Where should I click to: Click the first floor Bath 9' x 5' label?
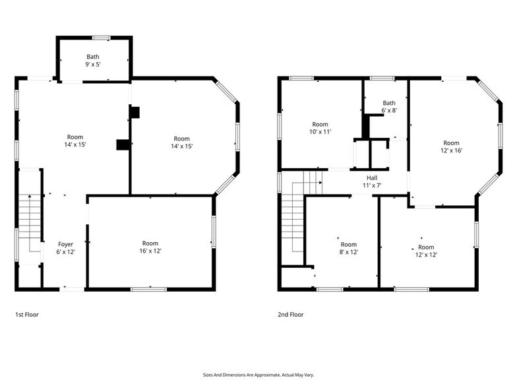point(93,61)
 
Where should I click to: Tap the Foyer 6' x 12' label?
point(66,248)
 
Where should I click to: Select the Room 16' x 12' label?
point(150,247)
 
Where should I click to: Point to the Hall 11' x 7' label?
point(372,181)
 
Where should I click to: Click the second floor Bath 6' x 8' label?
point(389,107)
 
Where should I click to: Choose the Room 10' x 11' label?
point(320,128)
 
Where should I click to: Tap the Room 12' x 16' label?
point(451,146)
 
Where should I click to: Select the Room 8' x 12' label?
point(348,248)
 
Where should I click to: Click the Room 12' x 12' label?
point(427,251)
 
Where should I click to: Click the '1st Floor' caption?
point(27,315)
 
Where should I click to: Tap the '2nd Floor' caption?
point(290,315)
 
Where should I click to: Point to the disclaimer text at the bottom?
point(258,373)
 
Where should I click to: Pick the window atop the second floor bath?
point(382,79)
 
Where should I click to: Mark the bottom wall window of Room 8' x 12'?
point(330,288)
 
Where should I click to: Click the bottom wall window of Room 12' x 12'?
point(411,288)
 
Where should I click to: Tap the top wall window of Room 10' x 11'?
point(301,79)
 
